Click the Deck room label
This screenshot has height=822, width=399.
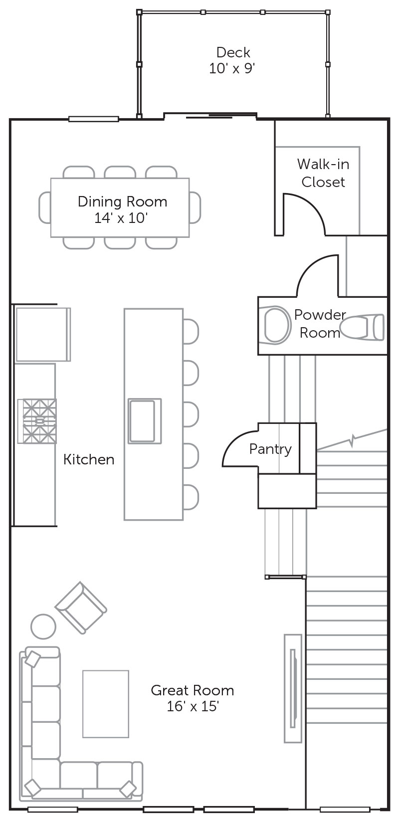pos(233,52)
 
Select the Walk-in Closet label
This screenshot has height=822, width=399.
pos(323,173)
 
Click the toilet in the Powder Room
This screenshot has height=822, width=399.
pos(362,326)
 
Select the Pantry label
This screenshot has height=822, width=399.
pos(270,449)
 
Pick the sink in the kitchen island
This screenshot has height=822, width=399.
pos(145,421)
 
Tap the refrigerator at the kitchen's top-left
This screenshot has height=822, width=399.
pos(43,334)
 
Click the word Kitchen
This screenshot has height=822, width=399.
pos(89,459)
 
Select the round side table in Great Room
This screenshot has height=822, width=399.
pos(43,626)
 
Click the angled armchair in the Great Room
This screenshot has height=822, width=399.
pos(81,608)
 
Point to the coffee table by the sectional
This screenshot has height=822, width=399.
pos(106,704)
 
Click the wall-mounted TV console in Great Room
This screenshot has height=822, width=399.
pos(293,688)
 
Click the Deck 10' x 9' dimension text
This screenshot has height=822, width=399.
pos(232,68)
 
